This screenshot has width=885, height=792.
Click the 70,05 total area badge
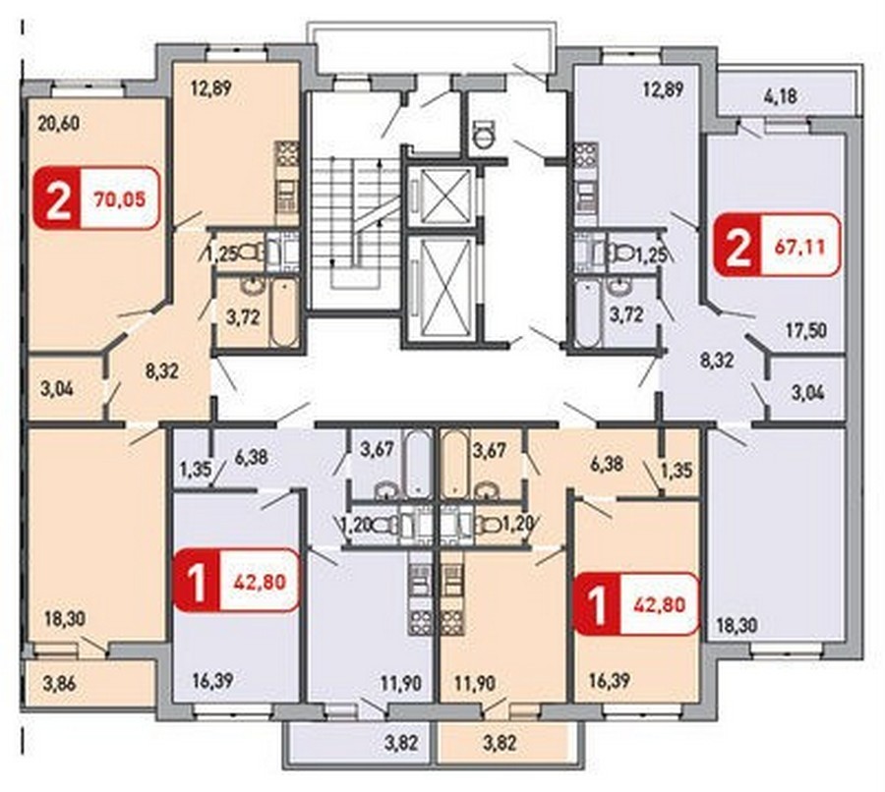tap(96, 198)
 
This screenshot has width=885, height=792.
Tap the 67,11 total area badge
tap(777, 245)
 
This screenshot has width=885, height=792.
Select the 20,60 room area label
tap(59, 124)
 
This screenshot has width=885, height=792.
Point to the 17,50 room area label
tap(806, 329)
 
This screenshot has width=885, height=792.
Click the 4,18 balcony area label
tap(781, 96)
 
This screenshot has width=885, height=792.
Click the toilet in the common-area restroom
tap(484, 133)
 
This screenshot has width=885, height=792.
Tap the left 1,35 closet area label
tap(192, 469)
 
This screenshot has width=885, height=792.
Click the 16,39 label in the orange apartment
tap(610, 681)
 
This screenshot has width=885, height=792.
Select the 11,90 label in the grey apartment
tap(400, 684)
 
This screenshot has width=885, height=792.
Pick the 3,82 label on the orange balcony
tap(501, 743)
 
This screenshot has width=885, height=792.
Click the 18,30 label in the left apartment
tap(65, 619)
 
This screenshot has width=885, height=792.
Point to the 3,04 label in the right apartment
tap(807, 391)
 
